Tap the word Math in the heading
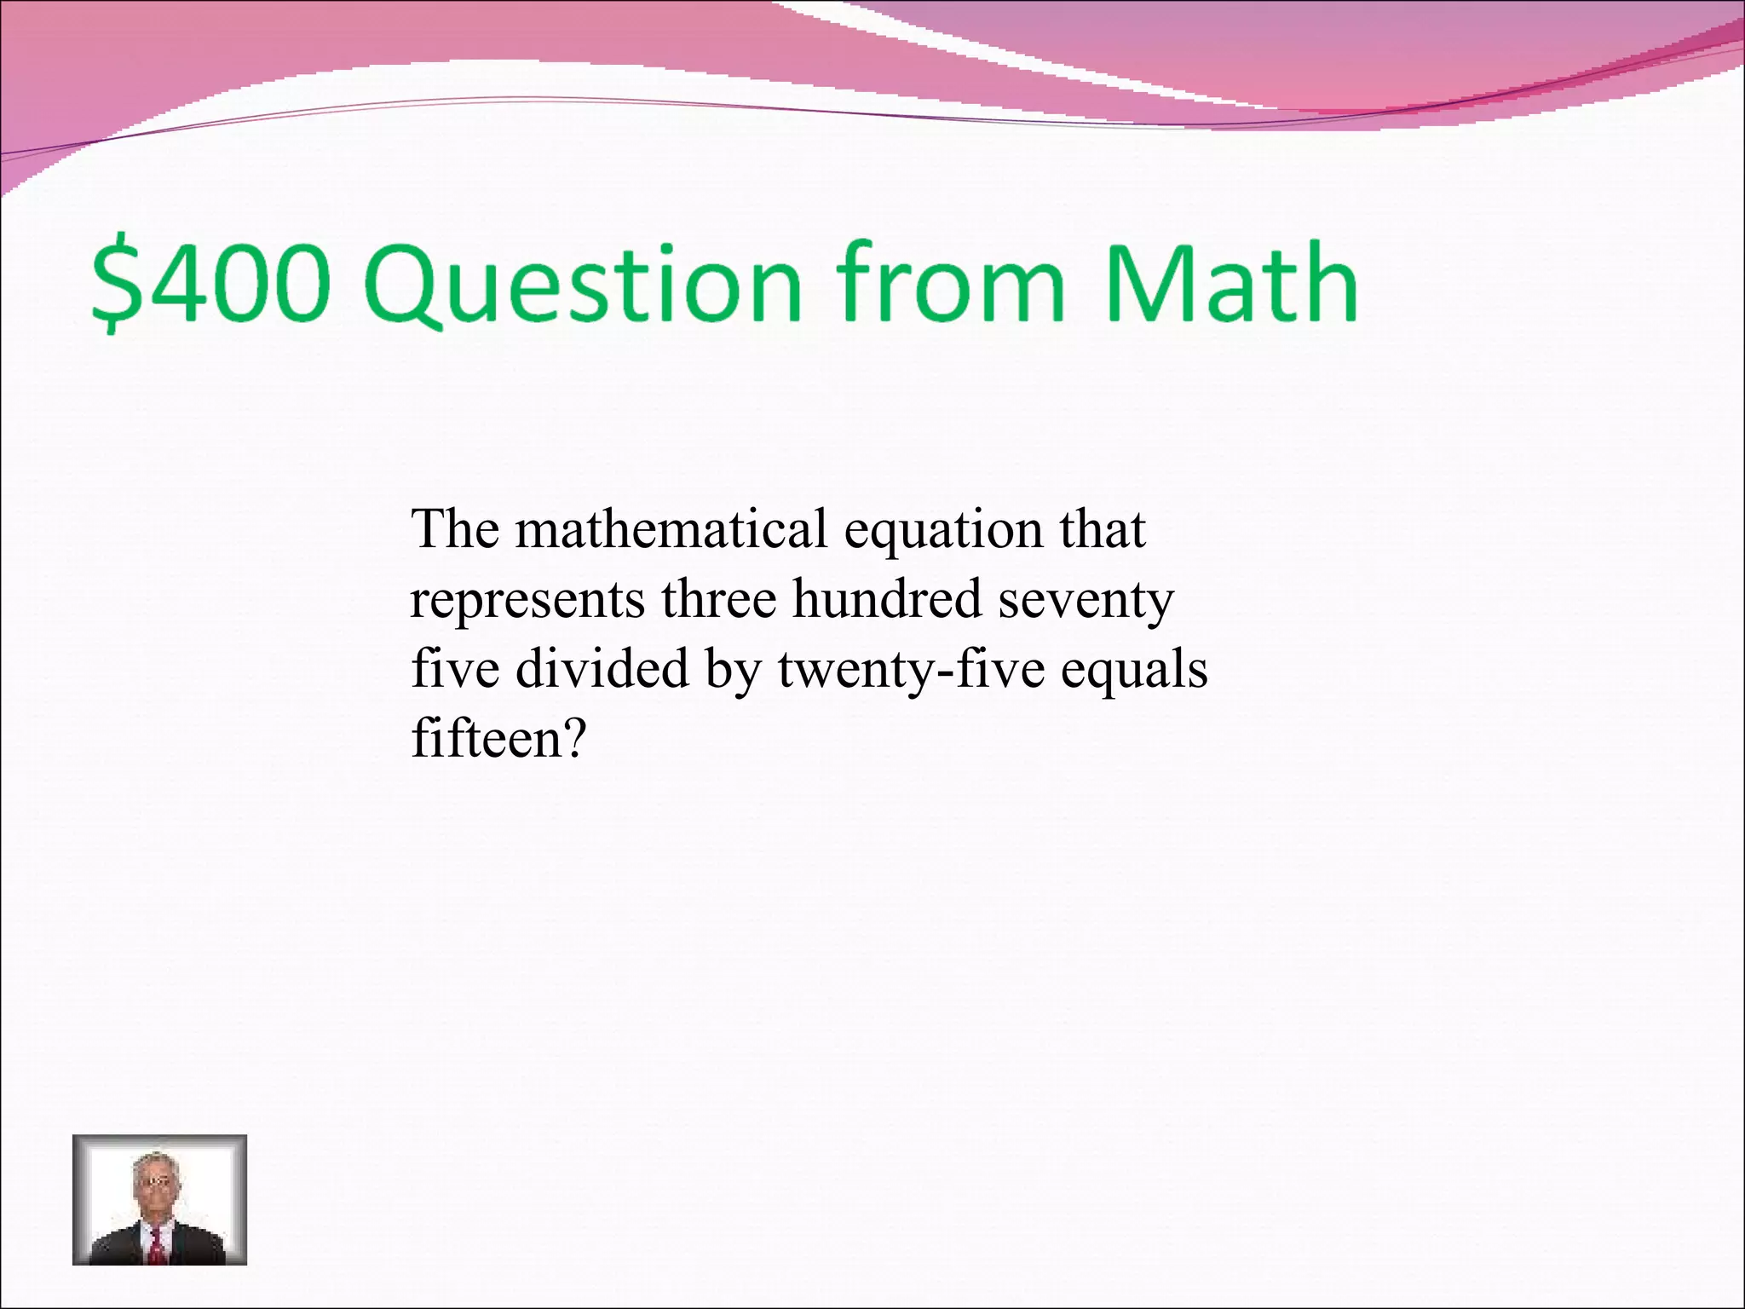click(1230, 284)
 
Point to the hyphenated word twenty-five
click(911, 670)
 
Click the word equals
click(1134, 670)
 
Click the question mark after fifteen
click(573, 738)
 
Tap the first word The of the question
click(455, 529)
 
